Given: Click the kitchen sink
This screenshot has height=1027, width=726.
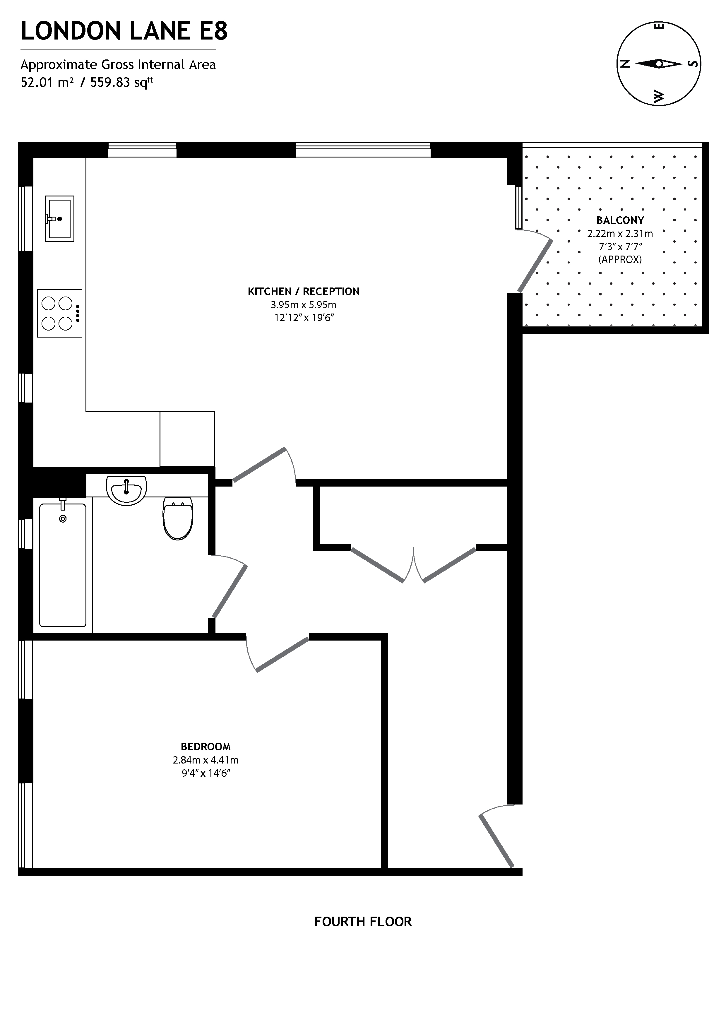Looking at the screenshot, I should [59, 219].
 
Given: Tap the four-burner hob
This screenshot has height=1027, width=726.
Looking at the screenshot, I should [59, 313].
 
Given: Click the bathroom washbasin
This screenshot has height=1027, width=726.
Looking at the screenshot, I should [126, 491].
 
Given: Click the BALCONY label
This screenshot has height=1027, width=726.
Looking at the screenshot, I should [620, 220].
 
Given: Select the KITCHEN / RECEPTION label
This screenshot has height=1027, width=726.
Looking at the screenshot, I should [303, 292].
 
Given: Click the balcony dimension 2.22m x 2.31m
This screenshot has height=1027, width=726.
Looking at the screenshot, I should [620, 234].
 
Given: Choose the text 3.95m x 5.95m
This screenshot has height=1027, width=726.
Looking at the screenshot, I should [303, 305].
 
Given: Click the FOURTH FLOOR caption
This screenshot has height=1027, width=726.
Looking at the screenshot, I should [363, 922].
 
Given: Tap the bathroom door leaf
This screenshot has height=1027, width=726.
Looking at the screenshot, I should [230, 591].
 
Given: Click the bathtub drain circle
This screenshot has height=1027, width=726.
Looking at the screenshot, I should [63, 518].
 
